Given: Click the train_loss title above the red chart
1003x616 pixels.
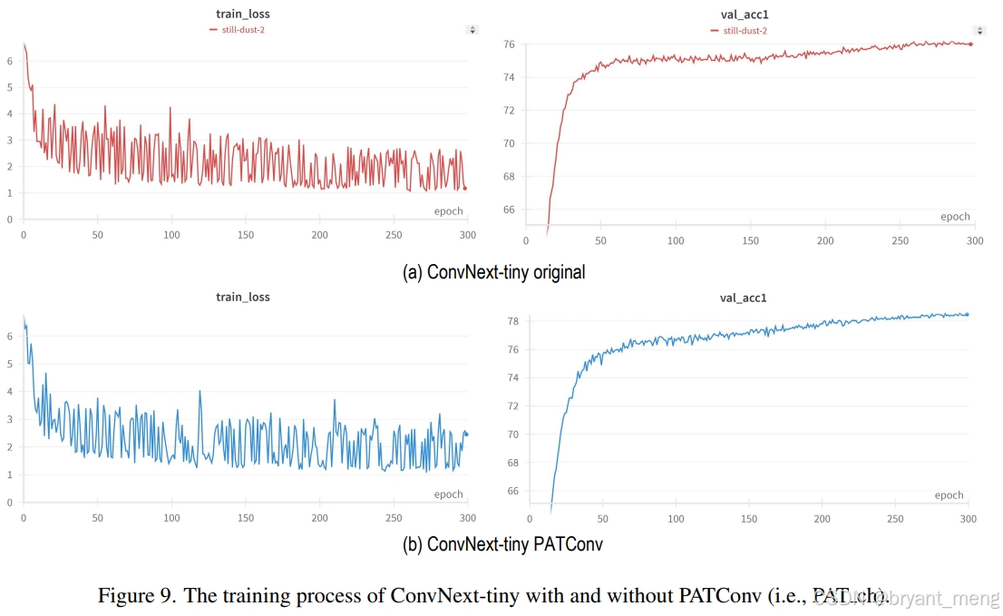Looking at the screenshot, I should pos(242,14).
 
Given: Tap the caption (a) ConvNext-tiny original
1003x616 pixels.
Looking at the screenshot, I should pos(493,271).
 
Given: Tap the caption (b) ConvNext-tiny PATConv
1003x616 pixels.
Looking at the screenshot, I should pos(502,544).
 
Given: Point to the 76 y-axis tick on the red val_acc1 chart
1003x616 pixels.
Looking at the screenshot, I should pos(509,44).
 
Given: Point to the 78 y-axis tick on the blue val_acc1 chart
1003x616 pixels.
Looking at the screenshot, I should pos(511,321).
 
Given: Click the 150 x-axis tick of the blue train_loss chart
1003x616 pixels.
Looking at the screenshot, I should pos(245,518).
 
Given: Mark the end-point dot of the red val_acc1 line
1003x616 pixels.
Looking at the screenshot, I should pos(970,44).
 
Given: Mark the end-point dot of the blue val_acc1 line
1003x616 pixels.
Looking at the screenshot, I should pos(967,314).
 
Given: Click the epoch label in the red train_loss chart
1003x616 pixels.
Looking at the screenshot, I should pos(448,211).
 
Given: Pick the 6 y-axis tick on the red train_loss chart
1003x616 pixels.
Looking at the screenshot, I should pos(9,61).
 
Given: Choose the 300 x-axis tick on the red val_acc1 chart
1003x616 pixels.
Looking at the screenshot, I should pos(973,241).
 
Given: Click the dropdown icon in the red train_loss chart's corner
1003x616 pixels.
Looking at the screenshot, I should pos(472,30).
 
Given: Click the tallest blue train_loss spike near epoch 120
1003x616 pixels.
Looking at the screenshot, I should pos(200,392).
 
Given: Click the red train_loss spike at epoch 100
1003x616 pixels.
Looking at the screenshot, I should pos(170,108).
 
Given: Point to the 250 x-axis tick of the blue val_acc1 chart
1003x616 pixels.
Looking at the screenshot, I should pos(895,518).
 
